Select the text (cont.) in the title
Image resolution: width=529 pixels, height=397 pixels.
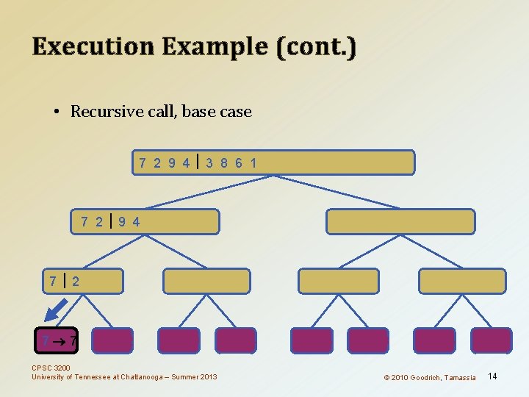pos(317,47)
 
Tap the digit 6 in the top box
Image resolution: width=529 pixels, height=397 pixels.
pos(239,162)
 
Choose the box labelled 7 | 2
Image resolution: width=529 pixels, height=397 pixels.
pos(82,281)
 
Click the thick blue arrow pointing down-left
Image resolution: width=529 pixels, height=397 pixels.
pos(55,310)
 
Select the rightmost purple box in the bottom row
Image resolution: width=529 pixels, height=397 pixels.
pos(491,340)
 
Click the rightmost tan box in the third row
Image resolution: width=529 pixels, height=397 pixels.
pos(462,281)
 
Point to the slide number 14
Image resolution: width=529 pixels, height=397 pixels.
pos(492,376)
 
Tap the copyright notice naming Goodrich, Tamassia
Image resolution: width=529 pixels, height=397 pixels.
pos(430,377)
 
